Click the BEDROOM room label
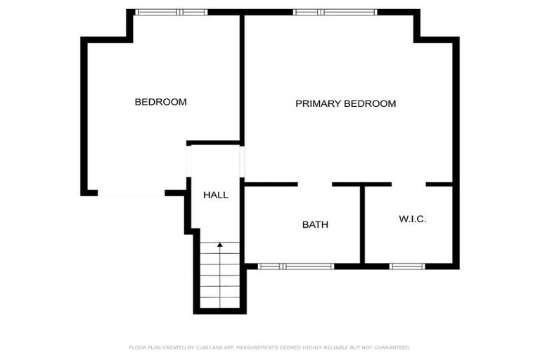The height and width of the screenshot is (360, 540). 160,102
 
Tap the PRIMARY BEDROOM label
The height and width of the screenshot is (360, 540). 345,103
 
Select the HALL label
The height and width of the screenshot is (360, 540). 216,195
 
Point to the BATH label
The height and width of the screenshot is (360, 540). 315,225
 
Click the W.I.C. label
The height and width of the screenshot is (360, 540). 413,219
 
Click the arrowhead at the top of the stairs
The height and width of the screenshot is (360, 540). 220,245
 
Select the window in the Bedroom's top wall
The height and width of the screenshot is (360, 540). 171,12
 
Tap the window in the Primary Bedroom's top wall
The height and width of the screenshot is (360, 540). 335,12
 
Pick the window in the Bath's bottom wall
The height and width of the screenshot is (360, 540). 295,266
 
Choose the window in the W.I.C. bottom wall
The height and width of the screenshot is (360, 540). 407,266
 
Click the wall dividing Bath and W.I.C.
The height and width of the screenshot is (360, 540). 362,225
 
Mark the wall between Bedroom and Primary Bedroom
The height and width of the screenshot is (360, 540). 242,77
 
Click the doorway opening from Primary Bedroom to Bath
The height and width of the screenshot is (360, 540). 314,184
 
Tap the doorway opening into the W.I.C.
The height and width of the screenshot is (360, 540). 409,184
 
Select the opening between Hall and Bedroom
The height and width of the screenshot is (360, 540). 188,162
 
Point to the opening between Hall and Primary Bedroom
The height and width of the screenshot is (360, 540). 243,162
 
